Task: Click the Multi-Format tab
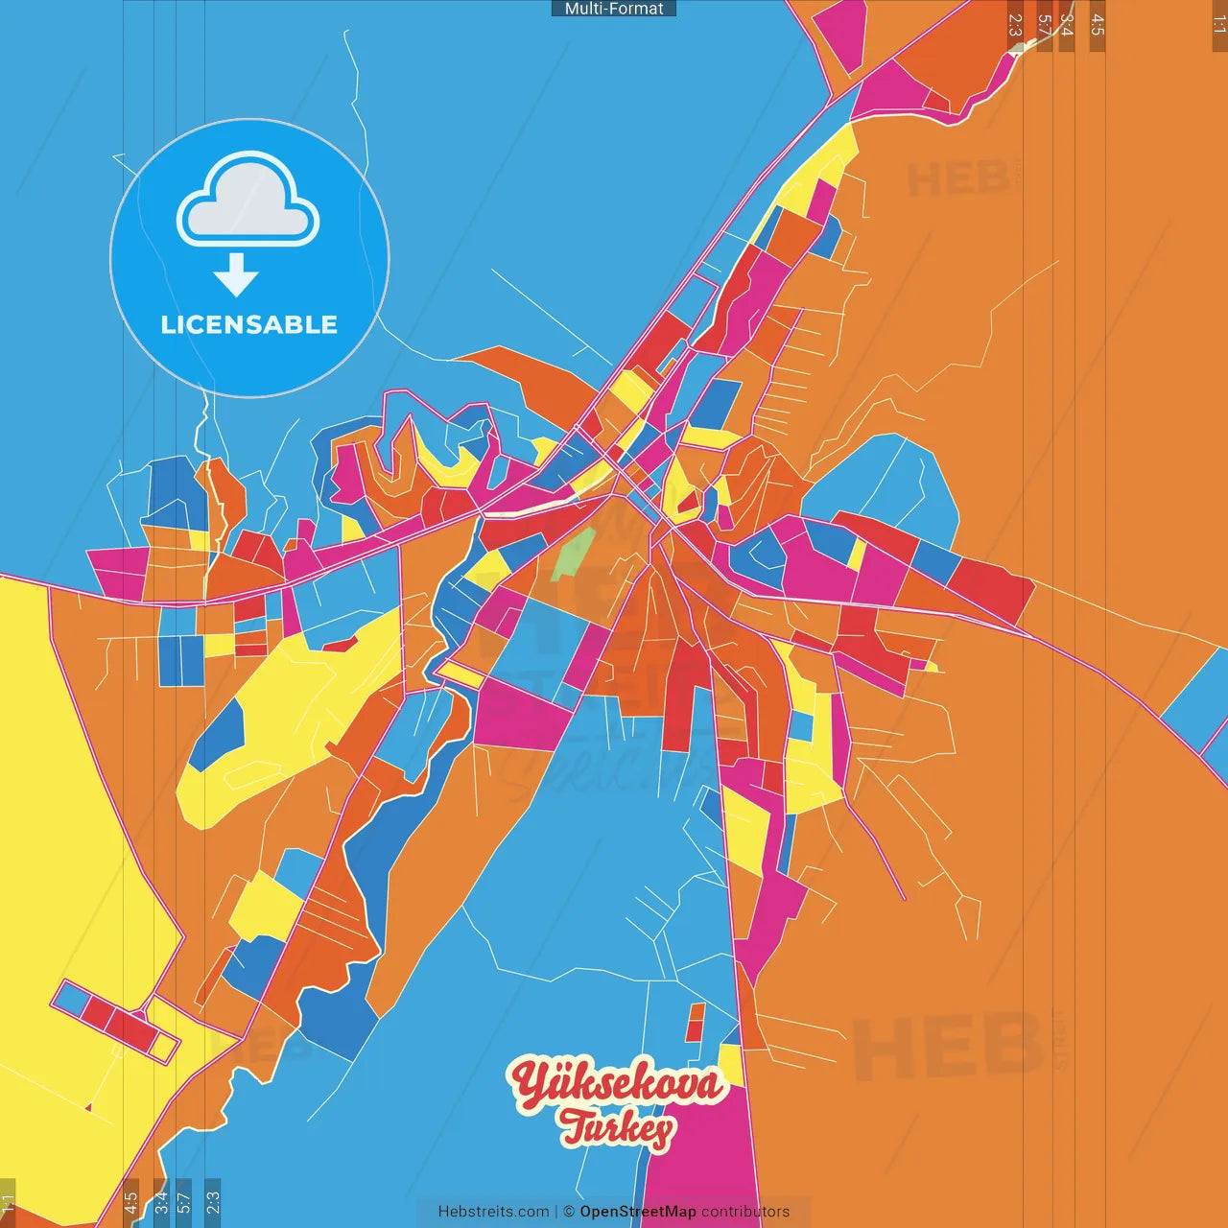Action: point(614,9)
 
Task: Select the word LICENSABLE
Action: point(249,325)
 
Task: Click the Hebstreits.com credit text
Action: point(493,1212)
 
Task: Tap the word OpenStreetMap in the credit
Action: point(638,1212)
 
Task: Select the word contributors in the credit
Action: point(745,1212)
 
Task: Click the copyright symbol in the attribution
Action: point(569,1212)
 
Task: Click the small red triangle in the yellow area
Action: point(88,1108)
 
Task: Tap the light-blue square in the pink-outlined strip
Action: point(71,999)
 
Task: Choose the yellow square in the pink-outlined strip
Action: point(165,1046)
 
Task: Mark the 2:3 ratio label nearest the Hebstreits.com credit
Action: point(213,1201)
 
